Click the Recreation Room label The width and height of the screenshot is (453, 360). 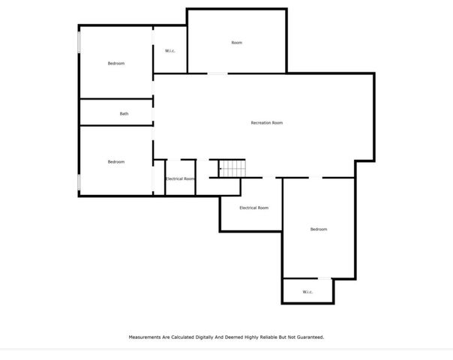[x=266, y=123]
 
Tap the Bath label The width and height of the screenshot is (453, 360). [x=124, y=114]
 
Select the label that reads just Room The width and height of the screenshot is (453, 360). [x=236, y=43]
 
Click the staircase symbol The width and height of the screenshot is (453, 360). [x=232, y=168]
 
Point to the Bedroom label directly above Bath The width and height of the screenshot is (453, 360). [x=115, y=64]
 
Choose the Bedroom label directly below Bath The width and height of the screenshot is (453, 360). [x=115, y=162]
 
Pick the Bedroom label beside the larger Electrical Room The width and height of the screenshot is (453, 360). [x=319, y=229]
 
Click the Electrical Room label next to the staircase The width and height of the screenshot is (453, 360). [x=180, y=179]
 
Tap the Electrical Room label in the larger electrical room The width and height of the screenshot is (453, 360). [x=253, y=208]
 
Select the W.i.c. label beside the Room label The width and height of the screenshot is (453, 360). [x=169, y=51]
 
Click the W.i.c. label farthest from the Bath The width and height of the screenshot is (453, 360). [x=307, y=292]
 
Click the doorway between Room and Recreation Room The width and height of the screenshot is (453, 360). [x=217, y=73]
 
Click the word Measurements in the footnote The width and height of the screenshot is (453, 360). [x=144, y=337]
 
